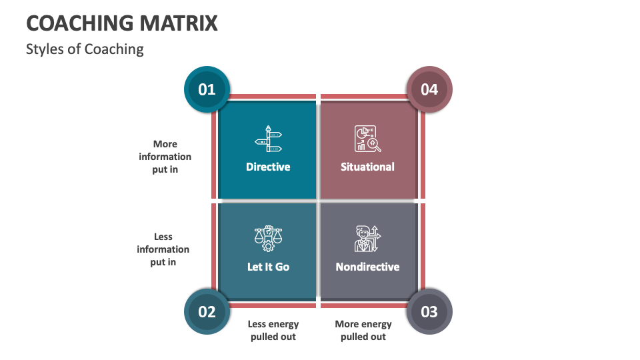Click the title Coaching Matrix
(122, 23)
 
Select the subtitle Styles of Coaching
(85, 49)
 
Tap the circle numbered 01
(207, 89)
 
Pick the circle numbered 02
(207, 311)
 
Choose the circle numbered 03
(429, 311)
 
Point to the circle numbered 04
(429, 89)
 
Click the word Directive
(268, 167)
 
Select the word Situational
(367, 167)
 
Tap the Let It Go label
(268, 267)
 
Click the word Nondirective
(367, 267)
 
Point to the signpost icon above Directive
(269, 139)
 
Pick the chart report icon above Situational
(367, 139)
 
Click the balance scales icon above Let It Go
(268, 238)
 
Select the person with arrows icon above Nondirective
(367, 238)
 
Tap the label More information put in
(165, 157)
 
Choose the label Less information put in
(163, 249)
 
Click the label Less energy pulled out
(273, 330)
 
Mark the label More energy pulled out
(363, 330)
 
